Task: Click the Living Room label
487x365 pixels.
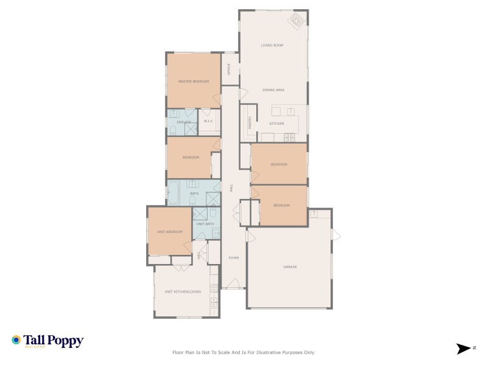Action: tap(272, 46)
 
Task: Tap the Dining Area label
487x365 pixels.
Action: tap(273, 90)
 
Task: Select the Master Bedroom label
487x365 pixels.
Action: tap(193, 82)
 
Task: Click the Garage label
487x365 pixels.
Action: tap(290, 266)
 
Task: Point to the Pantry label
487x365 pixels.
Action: tap(250, 122)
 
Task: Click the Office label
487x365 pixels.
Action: tap(229, 69)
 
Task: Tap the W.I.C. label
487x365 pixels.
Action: tap(208, 122)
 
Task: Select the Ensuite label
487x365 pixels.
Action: tap(184, 122)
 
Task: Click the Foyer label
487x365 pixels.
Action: tap(233, 258)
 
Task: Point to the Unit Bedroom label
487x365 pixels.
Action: tap(170, 232)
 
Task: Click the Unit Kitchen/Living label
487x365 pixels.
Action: tap(182, 292)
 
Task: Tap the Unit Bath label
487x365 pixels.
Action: tap(205, 224)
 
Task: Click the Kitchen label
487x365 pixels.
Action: tap(276, 123)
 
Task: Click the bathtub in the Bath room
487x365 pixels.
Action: tap(173, 193)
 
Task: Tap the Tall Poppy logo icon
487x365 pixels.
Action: tap(16, 340)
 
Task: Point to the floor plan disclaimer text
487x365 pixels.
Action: tap(243, 352)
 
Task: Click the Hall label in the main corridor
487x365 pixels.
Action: tap(231, 188)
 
